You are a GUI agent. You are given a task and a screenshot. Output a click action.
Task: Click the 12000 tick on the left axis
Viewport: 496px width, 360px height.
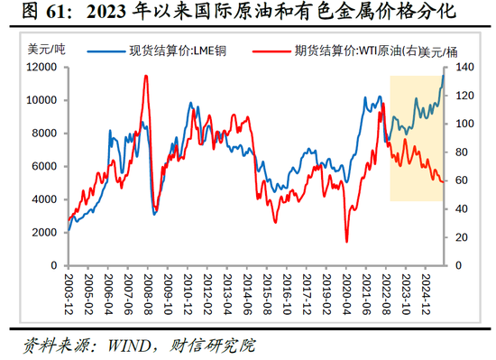[42, 68]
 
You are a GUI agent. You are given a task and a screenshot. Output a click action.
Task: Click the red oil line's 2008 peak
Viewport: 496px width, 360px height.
[146, 76]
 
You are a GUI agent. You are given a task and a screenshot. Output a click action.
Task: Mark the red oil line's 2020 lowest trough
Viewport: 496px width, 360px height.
[346, 241]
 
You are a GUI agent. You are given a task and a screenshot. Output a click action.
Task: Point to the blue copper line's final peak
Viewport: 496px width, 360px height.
[443, 72]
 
